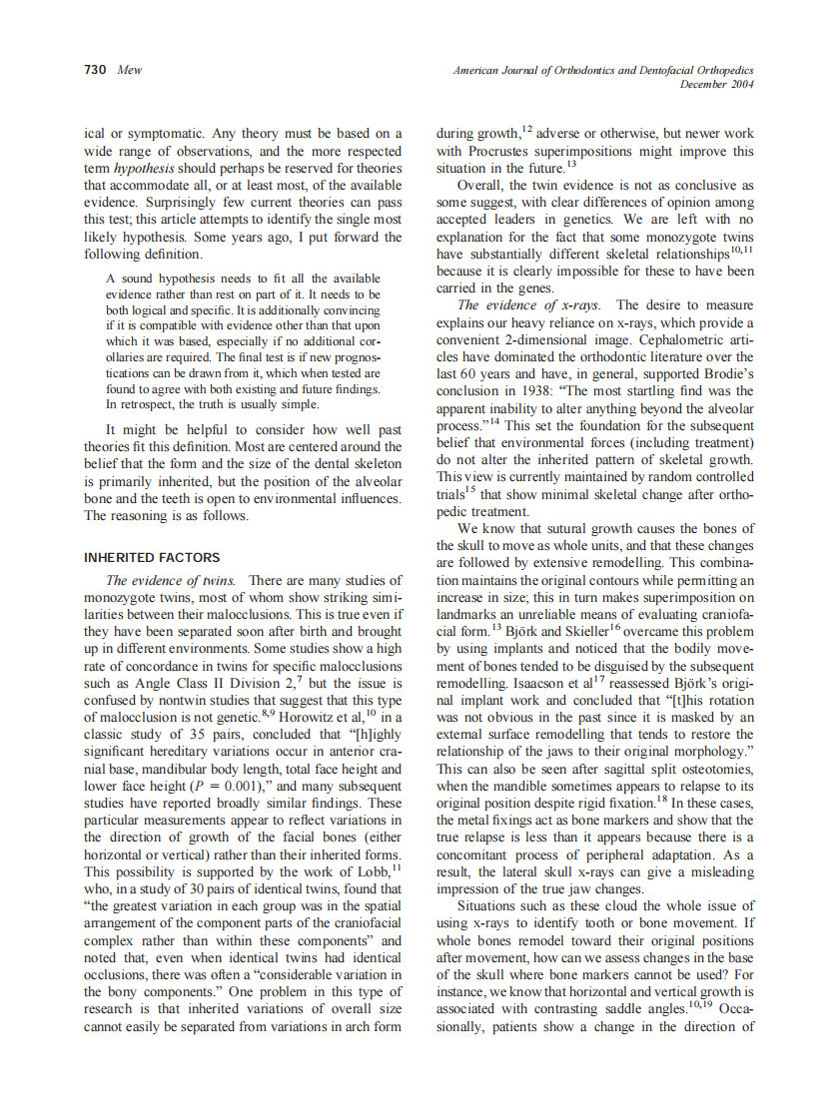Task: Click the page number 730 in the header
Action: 95,71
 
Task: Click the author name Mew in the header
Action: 130,71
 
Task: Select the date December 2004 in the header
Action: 716,85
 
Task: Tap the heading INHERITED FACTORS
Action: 152,557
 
